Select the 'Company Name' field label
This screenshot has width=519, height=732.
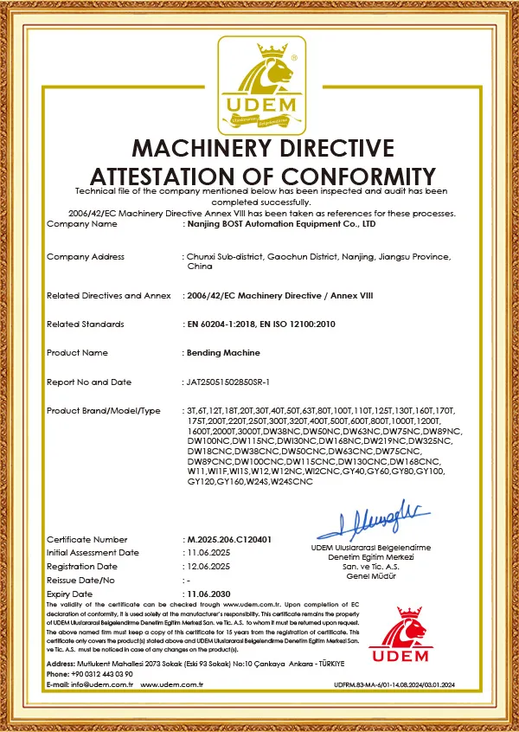coord(81,223)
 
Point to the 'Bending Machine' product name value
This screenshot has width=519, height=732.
coord(223,353)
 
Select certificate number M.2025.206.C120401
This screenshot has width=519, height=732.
coord(228,539)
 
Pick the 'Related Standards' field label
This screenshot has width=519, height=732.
coord(85,324)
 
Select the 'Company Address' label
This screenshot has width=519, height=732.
coord(85,257)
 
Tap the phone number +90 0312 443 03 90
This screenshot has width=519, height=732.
coord(102,673)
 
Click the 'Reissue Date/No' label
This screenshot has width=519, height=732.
coord(80,580)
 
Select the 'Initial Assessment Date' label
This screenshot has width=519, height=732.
coord(93,552)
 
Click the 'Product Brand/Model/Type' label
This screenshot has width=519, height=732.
coord(104,409)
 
